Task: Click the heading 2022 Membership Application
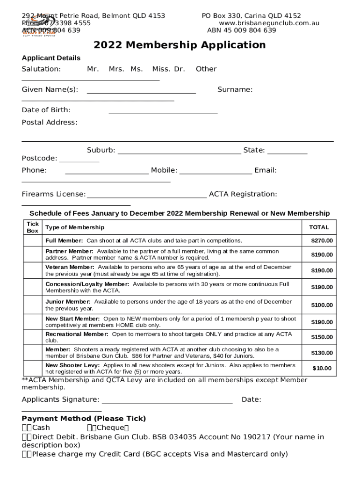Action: click(180, 45)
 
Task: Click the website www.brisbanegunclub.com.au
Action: click(269, 23)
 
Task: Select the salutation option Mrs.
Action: click(116, 69)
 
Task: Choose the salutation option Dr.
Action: click(180, 69)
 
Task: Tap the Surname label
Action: click(235, 89)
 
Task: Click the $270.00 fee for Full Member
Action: click(322, 240)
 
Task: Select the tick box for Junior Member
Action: click(33, 305)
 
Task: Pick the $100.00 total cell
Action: click(322, 305)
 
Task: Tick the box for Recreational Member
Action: click(33, 337)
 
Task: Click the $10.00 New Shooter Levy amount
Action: click(322, 368)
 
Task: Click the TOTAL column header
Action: click(319, 227)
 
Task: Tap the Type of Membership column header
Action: click(75, 227)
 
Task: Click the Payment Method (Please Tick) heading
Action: click(84, 418)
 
